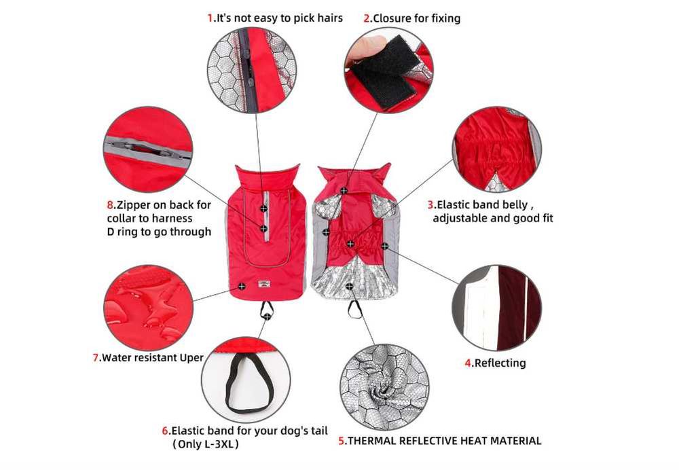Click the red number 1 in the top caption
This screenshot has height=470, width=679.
210,18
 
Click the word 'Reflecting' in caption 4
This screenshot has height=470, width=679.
500,363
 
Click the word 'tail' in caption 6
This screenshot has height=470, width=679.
318,431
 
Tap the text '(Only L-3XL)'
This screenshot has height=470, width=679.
205,444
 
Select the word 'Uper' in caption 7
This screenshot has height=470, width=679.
191,358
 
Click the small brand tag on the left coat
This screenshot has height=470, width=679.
263,284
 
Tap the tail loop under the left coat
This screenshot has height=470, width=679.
266,309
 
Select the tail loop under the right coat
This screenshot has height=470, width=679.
355,309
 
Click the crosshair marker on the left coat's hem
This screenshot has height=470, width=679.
242,287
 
